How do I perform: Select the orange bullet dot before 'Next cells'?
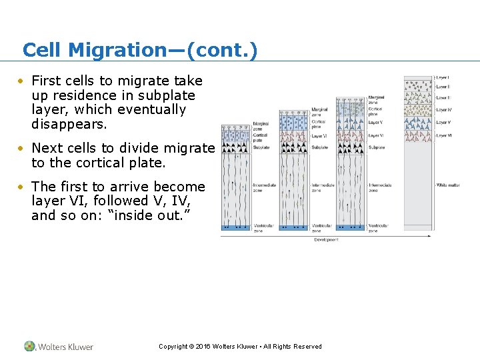tap(22, 148)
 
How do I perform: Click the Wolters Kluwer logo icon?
tap(29, 346)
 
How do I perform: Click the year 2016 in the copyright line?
tap(203, 347)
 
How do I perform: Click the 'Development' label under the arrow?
tap(326, 239)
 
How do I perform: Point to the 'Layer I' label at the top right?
tap(443, 78)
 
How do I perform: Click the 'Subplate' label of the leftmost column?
tap(261, 147)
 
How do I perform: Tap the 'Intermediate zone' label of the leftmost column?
tap(263, 187)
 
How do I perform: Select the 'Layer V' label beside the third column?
tap(375, 123)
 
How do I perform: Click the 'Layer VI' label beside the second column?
tap(319, 135)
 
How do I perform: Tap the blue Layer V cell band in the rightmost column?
tap(417, 123)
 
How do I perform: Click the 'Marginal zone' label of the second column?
tap(319, 112)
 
